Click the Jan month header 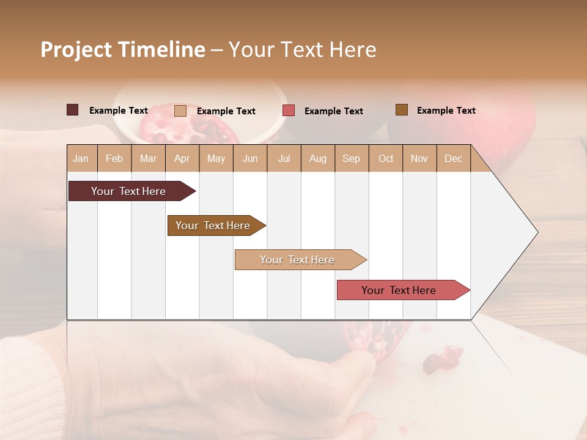point(81,158)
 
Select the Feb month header point(114,158)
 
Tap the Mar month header point(148,158)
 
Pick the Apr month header point(182,158)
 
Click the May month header point(216,158)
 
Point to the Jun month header point(250,158)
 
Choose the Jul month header point(284,158)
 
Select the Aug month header point(318,158)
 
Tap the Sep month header point(352,158)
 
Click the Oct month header point(386,158)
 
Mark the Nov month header point(419,158)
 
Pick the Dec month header point(453,158)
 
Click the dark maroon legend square point(73,110)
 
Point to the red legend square point(289,111)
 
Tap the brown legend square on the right point(402,110)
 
